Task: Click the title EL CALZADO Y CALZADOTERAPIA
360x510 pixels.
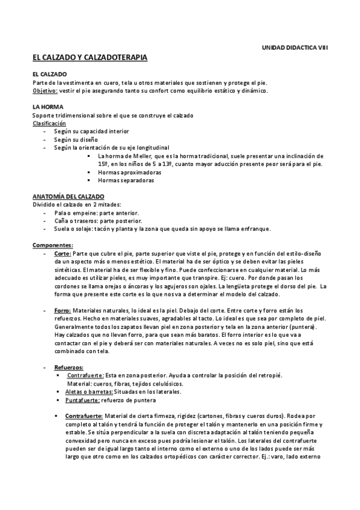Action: point(90,57)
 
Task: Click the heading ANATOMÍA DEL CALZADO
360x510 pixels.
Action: point(68,197)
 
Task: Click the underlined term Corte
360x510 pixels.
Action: point(62,254)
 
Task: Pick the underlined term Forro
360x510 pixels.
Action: point(62,310)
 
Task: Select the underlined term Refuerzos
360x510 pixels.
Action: point(69,367)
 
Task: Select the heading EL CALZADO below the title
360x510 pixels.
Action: point(50,74)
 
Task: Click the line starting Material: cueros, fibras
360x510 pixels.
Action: point(125,384)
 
